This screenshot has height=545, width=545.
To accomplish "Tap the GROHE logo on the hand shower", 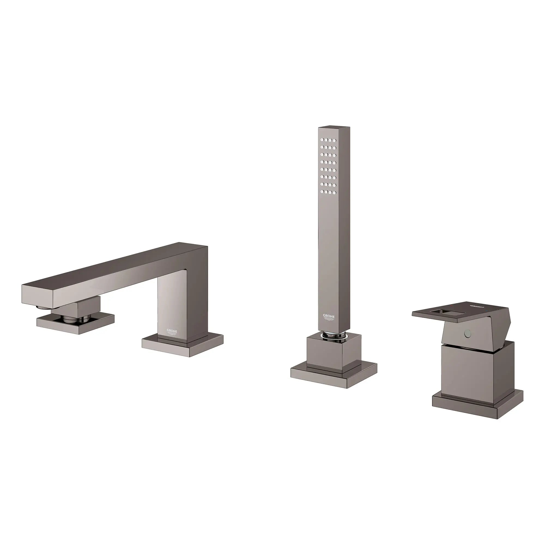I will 329,317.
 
